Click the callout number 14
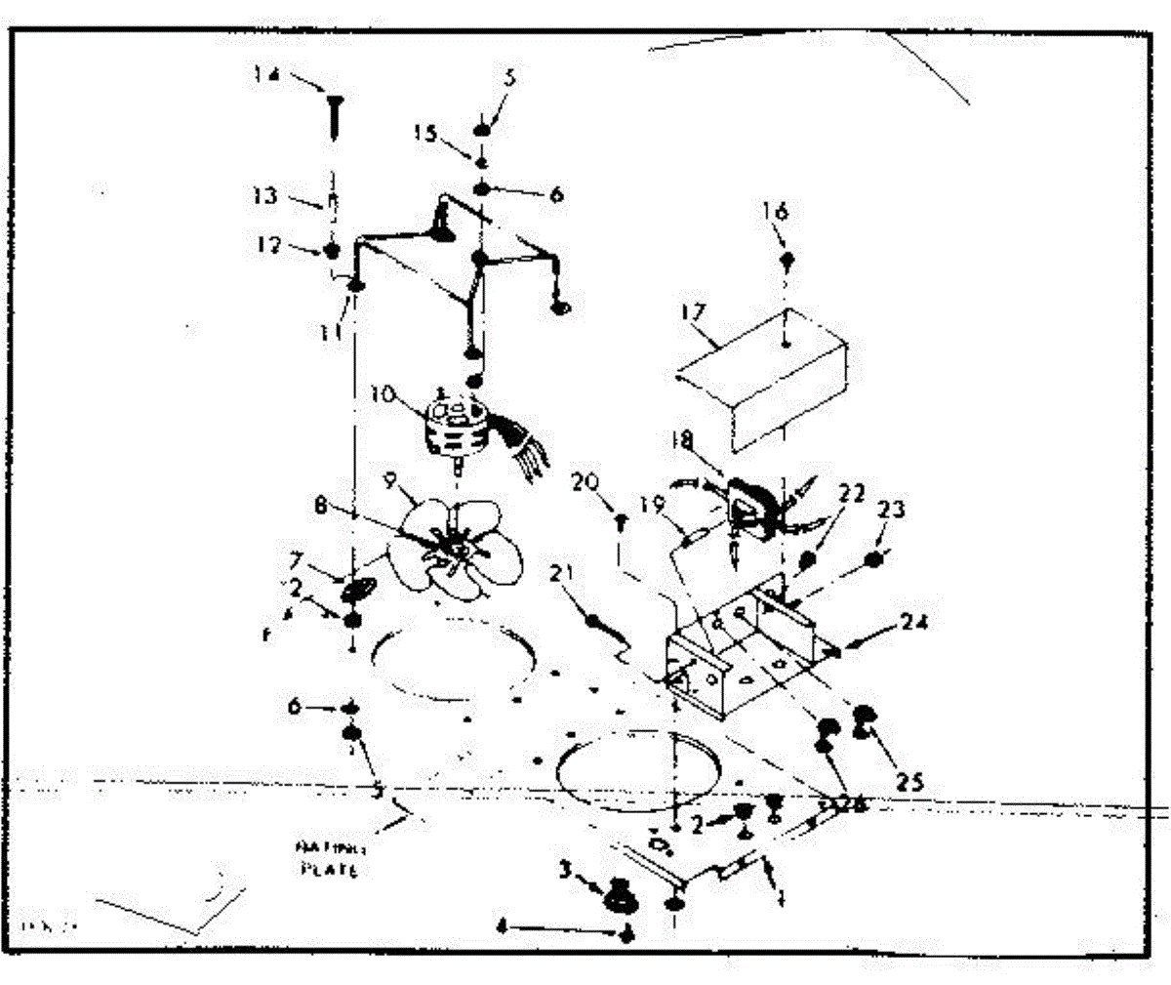pyautogui.click(x=265, y=74)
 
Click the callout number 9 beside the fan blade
pyautogui.click(x=391, y=480)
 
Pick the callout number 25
pyautogui.click(x=909, y=781)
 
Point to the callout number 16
pyautogui.click(x=776, y=211)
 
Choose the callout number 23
pyautogui.click(x=890, y=509)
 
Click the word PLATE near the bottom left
pyautogui.click(x=328, y=868)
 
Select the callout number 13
pyautogui.click(x=266, y=195)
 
